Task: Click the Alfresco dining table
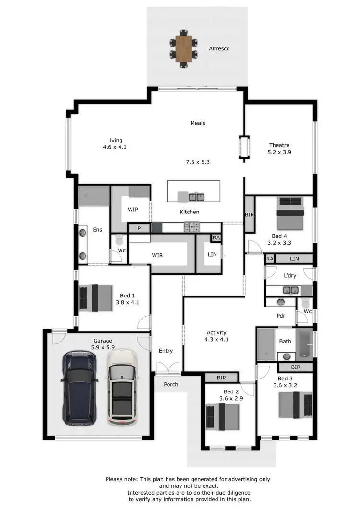coord(183,48)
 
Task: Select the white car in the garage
coord(122,388)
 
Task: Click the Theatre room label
coord(279,145)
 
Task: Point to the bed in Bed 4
coord(291,212)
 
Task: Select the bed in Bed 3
coord(295,404)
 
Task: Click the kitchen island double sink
coord(196,197)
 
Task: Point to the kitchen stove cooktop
coord(192,226)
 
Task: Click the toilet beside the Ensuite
coord(119,239)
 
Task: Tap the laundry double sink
coord(290,290)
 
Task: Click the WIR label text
coord(157,255)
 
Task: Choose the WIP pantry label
coord(133,210)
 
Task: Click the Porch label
coord(171,384)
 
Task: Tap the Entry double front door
coord(168,368)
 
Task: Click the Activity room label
coord(216,332)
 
